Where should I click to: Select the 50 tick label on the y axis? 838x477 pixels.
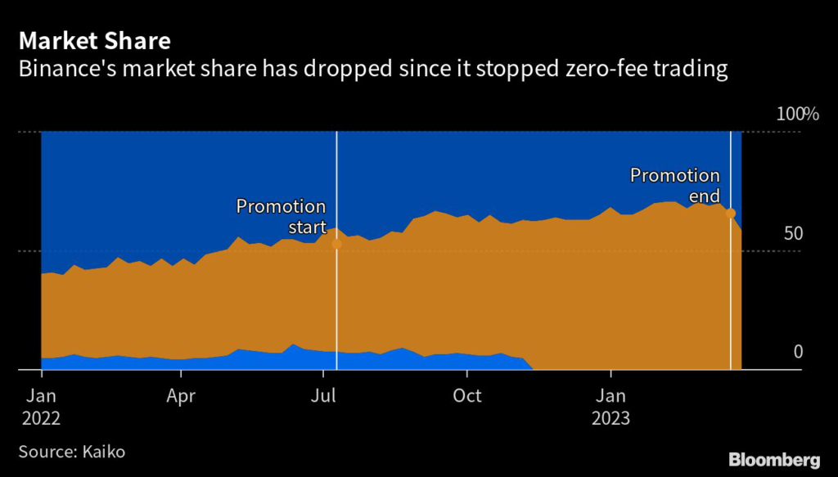coord(794,234)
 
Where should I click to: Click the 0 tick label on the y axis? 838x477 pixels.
coord(798,352)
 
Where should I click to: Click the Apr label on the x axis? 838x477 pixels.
coord(180,396)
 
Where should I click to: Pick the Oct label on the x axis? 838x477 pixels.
coord(467,396)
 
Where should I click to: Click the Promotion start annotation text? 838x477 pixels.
coord(281,217)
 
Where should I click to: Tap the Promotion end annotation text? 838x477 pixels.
coord(674,186)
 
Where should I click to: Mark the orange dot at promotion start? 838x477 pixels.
coord(336,244)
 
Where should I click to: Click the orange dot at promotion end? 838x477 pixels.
coord(730,214)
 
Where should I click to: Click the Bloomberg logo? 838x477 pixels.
coord(774,459)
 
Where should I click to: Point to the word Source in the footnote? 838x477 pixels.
coord(46,451)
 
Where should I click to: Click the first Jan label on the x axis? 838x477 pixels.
coord(41,396)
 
